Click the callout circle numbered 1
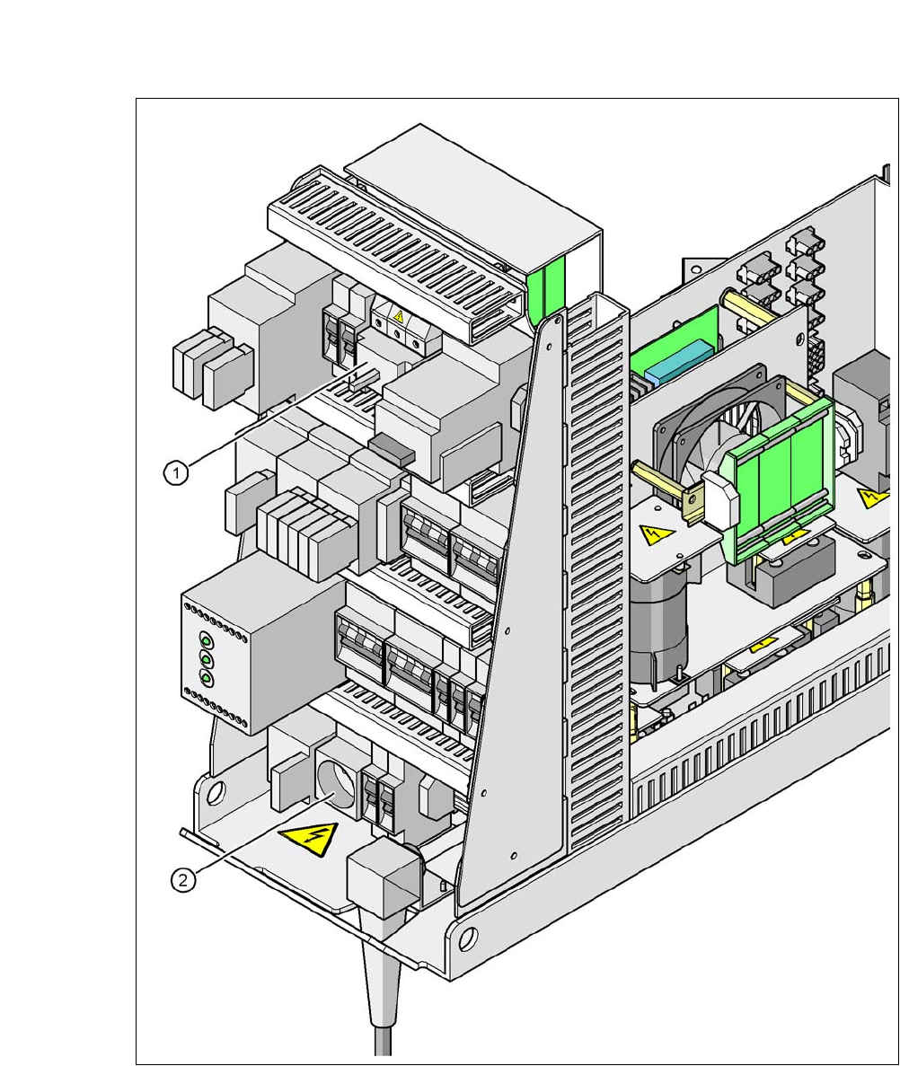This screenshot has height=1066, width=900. [177, 471]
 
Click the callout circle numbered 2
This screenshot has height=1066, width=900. [183, 880]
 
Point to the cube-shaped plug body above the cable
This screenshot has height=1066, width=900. [381, 875]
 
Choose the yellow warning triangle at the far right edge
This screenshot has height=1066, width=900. [869, 497]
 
